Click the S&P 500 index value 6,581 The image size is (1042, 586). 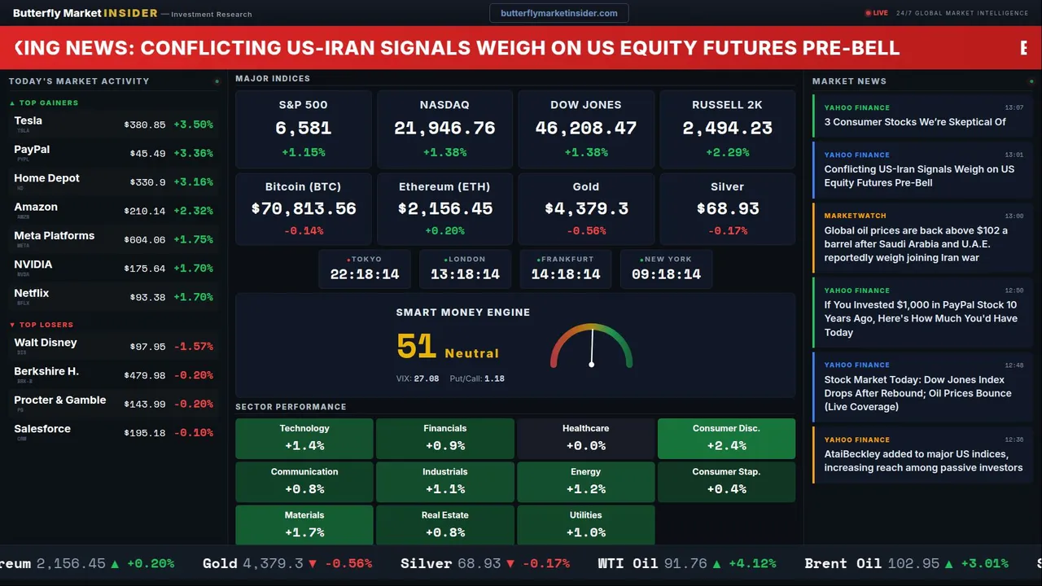point(303,128)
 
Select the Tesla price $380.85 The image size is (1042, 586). point(144,125)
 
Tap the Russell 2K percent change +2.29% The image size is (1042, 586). point(727,152)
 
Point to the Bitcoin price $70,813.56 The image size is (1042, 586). point(304,208)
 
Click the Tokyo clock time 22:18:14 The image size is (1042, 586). point(365,274)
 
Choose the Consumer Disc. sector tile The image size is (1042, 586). point(726,438)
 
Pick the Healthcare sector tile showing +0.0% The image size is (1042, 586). point(585,438)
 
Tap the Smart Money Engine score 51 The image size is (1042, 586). point(417,347)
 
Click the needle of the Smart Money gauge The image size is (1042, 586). point(592,346)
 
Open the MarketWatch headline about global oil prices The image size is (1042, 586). point(916,243)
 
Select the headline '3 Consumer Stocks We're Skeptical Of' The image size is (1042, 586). point(914,122)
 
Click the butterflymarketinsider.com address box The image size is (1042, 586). point(558,13)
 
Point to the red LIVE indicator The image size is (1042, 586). point(877,13)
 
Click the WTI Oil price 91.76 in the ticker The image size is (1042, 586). point(685,563)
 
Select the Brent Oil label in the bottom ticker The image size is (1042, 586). point(843,563)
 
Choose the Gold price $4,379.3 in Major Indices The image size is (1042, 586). point(586,208)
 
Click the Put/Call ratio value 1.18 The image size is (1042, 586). point(494,378)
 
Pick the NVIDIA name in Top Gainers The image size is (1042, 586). point(33,265)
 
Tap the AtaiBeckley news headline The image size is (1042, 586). point(923,461)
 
